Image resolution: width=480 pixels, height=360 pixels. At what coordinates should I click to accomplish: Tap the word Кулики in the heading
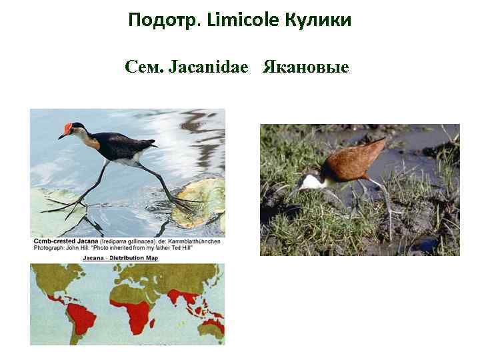pyautogui.click(x=317, y=21)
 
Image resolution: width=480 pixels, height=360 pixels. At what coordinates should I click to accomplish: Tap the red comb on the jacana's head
pyautogui.click(x=69, y=127)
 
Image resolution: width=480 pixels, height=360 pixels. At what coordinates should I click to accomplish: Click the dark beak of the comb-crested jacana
pyautogui.click(x=62, y=136)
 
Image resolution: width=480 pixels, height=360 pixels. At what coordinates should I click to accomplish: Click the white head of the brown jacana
pyautogui.click(x=310, y=180)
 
